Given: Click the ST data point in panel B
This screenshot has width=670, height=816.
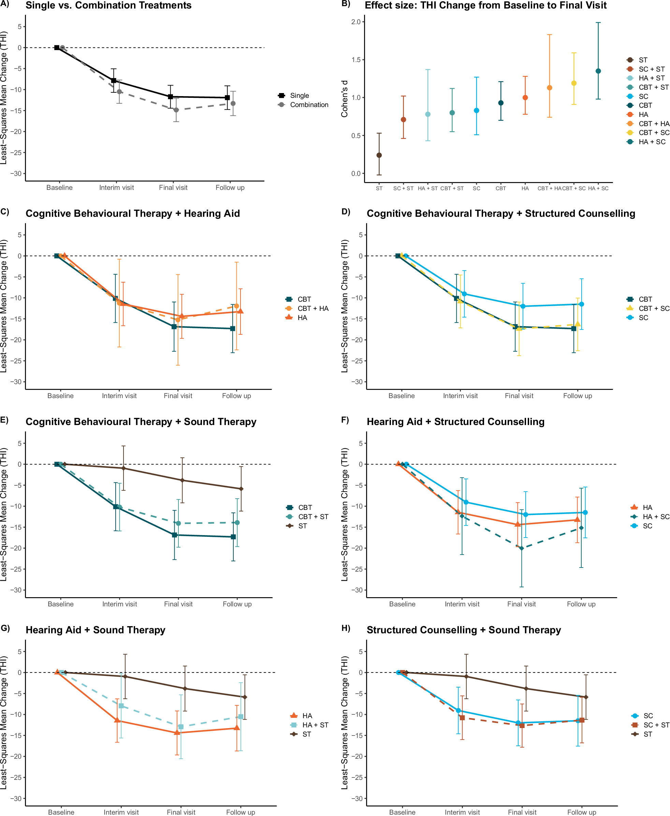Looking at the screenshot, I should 379,155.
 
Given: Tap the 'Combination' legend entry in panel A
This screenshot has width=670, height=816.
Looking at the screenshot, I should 309,105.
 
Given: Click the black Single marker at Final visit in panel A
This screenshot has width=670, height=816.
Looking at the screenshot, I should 171,96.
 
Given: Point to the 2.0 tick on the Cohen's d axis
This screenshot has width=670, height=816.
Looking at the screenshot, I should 356,22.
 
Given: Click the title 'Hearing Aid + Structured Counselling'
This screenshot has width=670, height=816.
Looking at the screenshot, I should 455,422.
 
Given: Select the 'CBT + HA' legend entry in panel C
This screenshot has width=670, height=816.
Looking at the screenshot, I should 312,308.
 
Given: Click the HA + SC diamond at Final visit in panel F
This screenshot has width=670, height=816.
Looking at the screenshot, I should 521,548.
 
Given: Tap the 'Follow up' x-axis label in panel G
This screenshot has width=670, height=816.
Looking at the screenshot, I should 241,812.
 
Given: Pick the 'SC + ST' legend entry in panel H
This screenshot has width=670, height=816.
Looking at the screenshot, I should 656,725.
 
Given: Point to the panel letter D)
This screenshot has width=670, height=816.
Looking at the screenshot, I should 346,212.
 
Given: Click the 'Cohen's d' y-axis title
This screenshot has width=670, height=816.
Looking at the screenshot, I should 344,99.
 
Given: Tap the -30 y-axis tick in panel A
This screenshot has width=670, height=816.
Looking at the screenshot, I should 16,173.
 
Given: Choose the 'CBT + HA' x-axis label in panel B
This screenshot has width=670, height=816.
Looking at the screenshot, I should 549,188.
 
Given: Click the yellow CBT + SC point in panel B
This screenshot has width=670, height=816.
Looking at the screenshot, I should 574,83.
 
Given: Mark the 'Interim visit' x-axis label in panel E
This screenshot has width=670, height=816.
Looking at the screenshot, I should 120,604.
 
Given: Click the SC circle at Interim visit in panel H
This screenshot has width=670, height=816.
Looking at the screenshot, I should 458,710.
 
